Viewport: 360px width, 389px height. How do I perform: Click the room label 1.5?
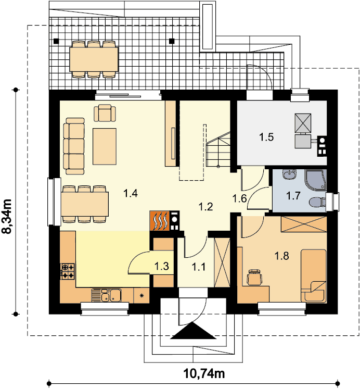[266, 137]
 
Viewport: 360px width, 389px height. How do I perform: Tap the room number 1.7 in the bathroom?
[293, 196]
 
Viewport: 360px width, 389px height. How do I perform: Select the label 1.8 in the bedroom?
[282, 256]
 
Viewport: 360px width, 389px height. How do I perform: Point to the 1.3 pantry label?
[162, 266]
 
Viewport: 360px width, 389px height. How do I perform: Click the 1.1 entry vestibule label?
[199, 267]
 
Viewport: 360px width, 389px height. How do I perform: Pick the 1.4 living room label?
[131, 193]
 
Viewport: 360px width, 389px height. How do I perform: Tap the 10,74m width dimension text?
[204, 373]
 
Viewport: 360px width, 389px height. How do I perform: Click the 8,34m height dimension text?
[7, 216]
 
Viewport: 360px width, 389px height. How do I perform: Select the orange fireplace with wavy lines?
[160, 221]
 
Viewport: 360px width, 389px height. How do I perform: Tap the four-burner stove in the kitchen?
[68, 271]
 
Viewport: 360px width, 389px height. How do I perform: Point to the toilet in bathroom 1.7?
[317, 202]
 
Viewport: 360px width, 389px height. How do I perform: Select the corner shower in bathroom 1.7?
[316, 180]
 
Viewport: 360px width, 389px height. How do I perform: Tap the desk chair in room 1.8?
[254, 277]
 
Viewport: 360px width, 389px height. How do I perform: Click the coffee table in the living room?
[105, 146]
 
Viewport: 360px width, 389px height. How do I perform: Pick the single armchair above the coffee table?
[105, 113]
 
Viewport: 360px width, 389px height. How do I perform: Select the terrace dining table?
[94, 59]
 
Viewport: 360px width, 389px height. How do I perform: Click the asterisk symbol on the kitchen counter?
[142, 295]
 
